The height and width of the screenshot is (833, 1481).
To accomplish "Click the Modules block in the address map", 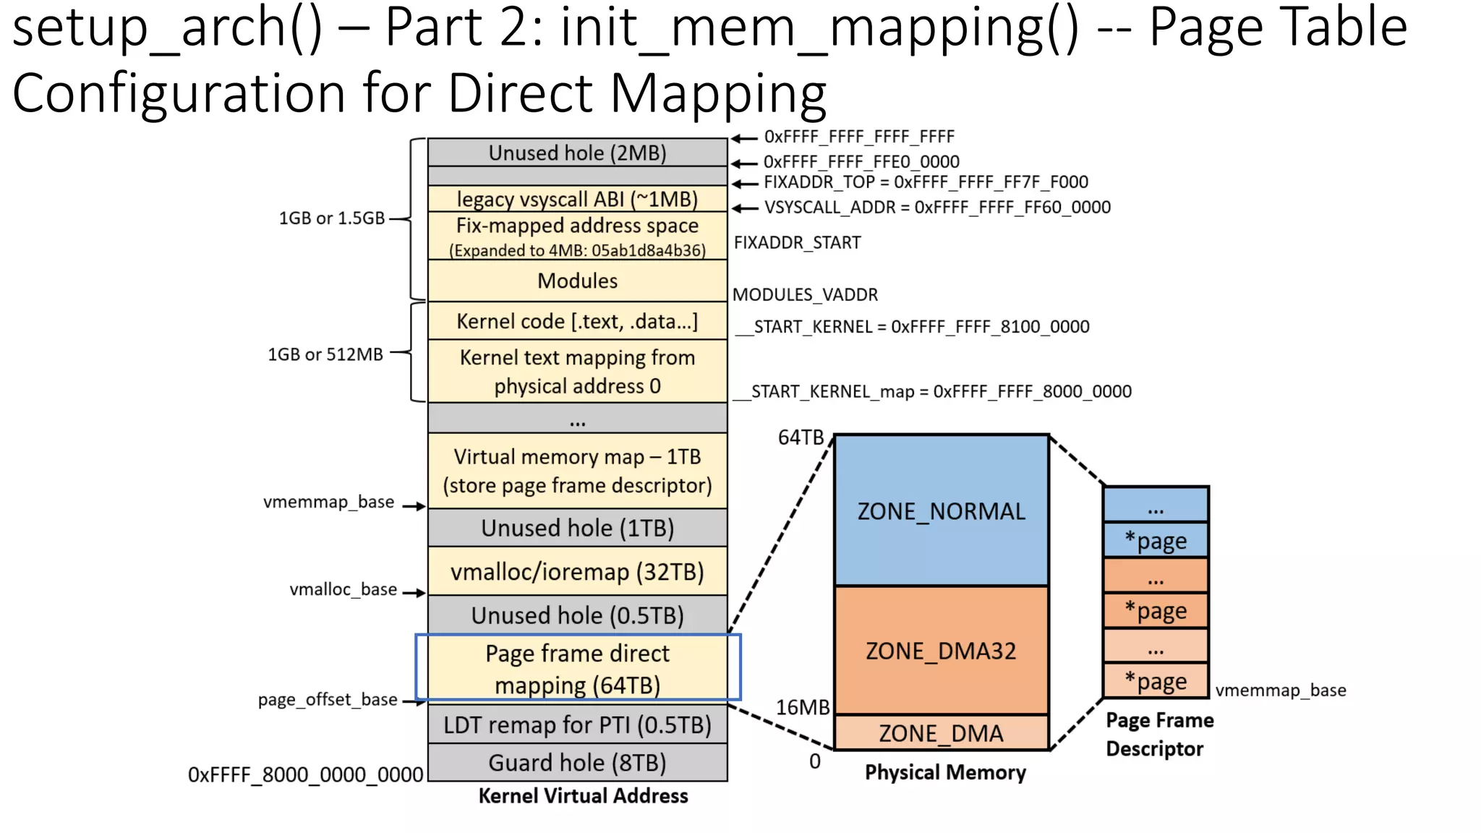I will tap(577, 281).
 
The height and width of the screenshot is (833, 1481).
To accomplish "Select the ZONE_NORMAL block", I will tap(941, 511).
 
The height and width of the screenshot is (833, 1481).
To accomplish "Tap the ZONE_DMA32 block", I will tap(941, 650).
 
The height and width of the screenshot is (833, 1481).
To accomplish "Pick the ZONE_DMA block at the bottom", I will tap(941, 733).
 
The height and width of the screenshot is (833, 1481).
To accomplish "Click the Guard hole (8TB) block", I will tap(577, 762).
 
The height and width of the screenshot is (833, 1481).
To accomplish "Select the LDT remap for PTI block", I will tap(577, 724).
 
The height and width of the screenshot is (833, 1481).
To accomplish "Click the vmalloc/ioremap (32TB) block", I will tap(577, 571).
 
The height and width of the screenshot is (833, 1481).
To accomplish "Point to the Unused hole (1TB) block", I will tap(577, 528).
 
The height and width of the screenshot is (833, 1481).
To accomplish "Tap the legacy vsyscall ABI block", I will tap(577, 199).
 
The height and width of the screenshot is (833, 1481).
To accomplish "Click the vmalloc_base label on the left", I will tap(343, 589).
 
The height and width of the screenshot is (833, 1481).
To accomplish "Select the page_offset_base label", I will tap(328, 699).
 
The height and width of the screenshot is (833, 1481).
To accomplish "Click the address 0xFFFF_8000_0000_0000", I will tap(305, 774).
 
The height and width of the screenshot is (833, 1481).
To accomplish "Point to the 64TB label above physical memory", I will tap(801, 437).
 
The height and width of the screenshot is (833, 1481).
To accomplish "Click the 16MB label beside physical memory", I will tap(803, 707).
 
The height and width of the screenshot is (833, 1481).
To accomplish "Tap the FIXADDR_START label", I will tap(797, 242).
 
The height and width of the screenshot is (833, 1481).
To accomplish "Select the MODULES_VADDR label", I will tap(805, 294).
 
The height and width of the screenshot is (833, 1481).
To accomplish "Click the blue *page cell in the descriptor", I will tap(1156, 540).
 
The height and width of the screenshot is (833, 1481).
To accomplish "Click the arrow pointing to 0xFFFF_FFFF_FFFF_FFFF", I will tap(744, 138).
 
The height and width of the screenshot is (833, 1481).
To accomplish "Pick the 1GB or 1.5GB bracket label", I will tap(331, 218).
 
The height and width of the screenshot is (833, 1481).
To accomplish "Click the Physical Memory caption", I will tap(945, 772).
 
